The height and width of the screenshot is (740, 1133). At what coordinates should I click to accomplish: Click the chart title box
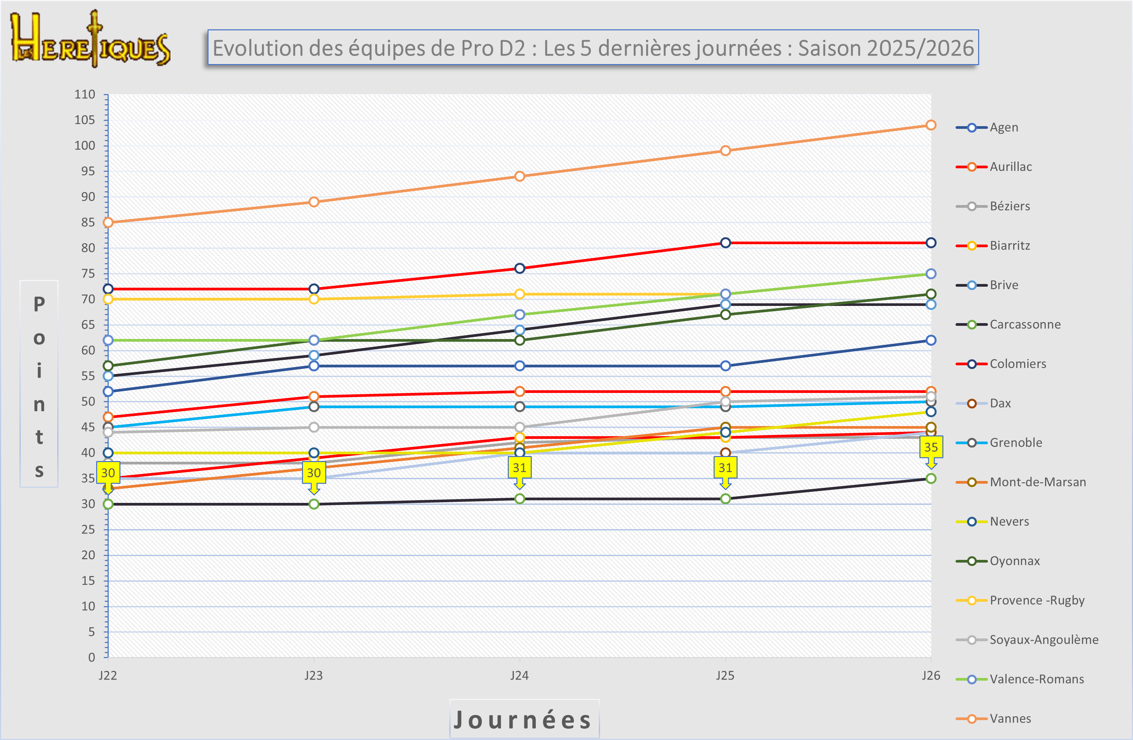pyautogui.click(x=593, y=48)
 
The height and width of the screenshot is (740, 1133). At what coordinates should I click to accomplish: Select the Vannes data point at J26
pyautogui.click(x=931, y=125)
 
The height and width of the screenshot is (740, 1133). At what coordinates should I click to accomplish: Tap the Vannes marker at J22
pyautogui.click(x=108, y=222)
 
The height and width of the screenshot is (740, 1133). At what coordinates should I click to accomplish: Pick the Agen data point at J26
pyautogui.click(x=931, y=340)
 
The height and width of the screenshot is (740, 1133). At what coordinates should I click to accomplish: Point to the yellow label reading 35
pyautogui.click(x=931, y=447)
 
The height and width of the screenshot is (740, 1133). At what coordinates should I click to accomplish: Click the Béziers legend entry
pyautogui.click(x=1009, y=206)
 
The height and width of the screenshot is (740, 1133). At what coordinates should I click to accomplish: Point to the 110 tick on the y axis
pyautogui.click(x=85, y=94)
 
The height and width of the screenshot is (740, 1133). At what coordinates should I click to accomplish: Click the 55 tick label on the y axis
pyautogui.click(x=88, y=376)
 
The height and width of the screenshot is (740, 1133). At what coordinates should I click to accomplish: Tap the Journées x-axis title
pyautogui.click(x=524, y=719)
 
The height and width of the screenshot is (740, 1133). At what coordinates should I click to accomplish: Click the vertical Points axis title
pyautogui.click(x=39, y=383)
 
